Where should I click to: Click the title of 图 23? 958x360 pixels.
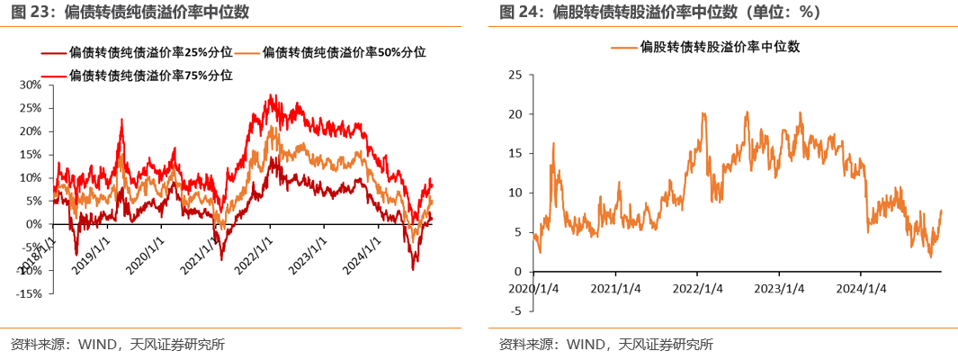(130, 12)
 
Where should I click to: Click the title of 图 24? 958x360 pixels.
(659, 12)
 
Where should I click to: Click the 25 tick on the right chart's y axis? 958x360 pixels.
(515, 75)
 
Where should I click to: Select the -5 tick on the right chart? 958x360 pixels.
(515, 311)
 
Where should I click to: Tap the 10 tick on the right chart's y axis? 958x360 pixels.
(515, 193)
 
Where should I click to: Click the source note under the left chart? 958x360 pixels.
(117, 344)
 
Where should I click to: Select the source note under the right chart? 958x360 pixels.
(606, 344)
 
